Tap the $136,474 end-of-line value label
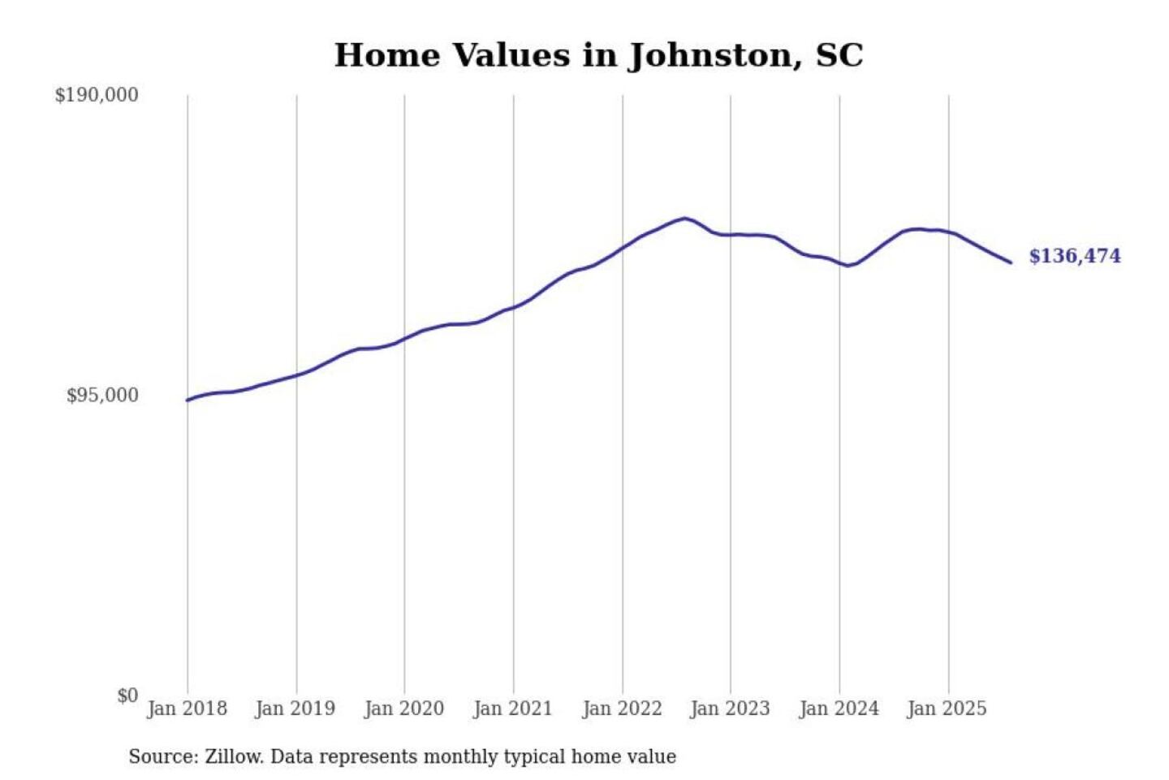tap(1074, 256)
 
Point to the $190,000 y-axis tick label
tap(97, 95)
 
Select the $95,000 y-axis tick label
tap(102, 396)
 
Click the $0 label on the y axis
tap(127, 695)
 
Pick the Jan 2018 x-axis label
tap(187, 708)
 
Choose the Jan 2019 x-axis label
tap(295, 708)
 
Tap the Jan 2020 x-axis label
tap(404, 708)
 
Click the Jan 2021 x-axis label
tap(513, 708)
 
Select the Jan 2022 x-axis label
tap(622, 708)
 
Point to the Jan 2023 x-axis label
tap(730, 708)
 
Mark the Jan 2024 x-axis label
tap(839, 708)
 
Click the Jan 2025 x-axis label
tap(947, 708)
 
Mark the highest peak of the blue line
tap(685, 218)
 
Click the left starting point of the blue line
tap(188, 400)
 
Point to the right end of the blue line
tap(1011, 262)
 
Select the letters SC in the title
tap(839, 55)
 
